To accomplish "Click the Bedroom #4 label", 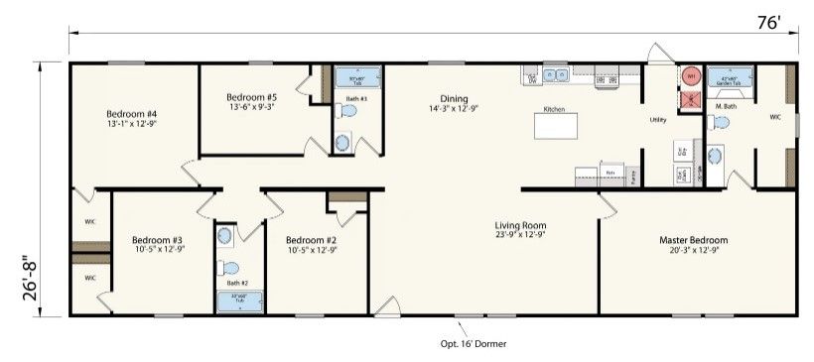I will click(x=132, y=114).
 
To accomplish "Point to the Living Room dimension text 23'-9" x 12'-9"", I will click(x=520, y=237).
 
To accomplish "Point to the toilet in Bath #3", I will click(x=343, y=142).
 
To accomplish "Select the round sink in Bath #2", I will click(x=225, y=236).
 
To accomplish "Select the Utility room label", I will click(x=657, y=120).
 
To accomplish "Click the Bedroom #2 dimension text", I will click(x=312, y=250).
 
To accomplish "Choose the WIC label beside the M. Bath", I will click(x=774, y=117).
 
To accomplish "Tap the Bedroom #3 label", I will click(x=158, y=240).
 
